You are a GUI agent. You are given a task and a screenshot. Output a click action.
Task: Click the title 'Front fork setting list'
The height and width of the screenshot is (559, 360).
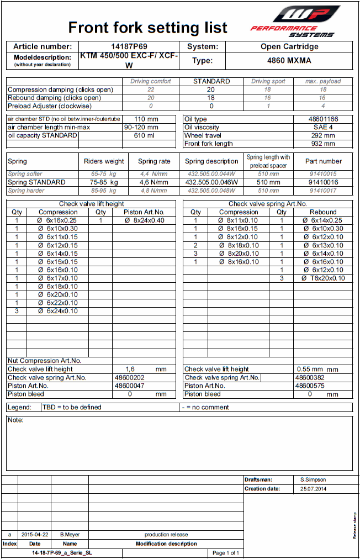(147, 28)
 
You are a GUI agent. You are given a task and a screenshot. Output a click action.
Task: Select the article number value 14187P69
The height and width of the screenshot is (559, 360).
(129, 47)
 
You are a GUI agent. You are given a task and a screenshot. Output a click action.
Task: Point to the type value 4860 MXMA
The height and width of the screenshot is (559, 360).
(289, 61)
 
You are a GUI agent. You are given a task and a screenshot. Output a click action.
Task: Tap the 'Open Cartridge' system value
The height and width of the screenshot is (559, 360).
(289, 47)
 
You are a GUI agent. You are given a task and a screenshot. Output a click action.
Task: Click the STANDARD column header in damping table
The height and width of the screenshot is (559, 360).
(211, 81)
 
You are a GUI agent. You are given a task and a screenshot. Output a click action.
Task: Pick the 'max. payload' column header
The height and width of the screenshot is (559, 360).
(323, 81)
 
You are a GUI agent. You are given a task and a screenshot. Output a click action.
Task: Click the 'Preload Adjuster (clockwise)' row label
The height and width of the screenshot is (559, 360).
(50, 106)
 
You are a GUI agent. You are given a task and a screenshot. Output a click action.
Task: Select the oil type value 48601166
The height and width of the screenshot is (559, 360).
(323, 119)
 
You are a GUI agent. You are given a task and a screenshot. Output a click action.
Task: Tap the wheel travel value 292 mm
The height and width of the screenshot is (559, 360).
(323, 135)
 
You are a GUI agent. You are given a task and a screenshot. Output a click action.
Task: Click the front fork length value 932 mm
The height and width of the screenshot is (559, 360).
(323, 144)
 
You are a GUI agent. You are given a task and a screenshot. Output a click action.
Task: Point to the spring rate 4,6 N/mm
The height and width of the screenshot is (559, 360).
(153, 182)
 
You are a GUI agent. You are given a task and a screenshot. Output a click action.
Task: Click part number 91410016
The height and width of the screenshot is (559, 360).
(323, 182)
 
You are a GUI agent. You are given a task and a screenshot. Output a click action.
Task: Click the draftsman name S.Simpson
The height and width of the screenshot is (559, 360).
(313, 480)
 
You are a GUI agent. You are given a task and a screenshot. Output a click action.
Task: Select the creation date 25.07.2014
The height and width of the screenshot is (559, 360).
(313, 489)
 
